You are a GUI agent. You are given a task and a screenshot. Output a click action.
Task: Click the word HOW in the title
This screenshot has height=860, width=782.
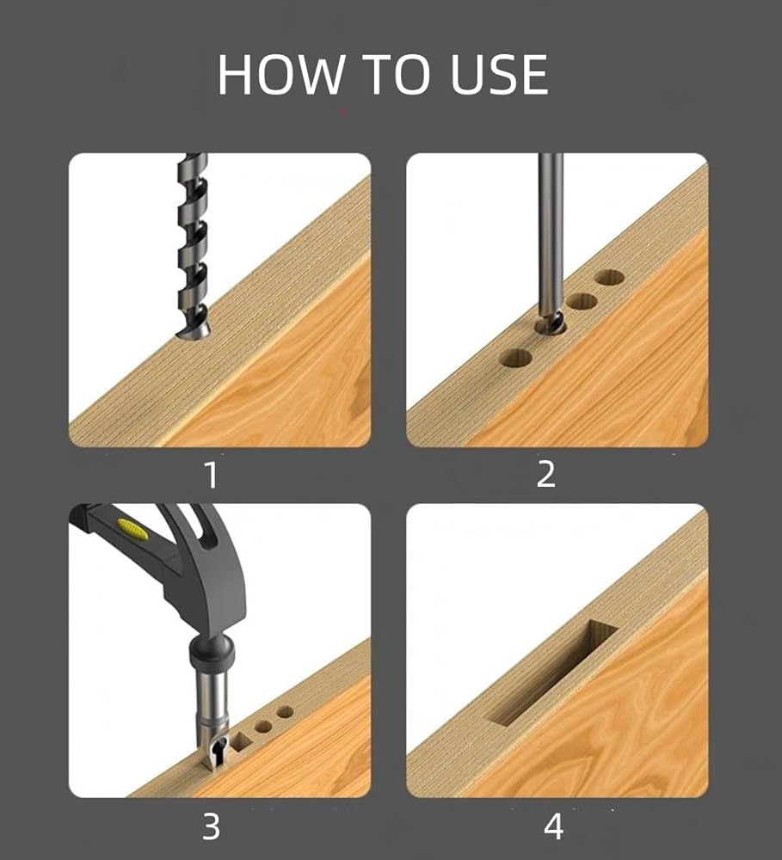tap(280, 74)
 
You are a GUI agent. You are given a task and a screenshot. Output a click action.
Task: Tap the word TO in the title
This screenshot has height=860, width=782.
tap(396, 74)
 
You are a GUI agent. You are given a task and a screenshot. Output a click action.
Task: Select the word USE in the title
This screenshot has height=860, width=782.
tap(499, 74)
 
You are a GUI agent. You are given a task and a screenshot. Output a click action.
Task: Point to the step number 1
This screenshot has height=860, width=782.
tap(212, 475)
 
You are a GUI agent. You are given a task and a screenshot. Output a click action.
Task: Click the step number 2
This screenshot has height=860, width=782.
tap(546, 474)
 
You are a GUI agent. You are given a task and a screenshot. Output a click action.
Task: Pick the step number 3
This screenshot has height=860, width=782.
tap(212, 826)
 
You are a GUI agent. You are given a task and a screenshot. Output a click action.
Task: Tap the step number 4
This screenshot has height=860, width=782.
tap(553, 826)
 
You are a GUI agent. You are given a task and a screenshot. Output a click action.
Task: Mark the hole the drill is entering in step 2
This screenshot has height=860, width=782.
tap(551, 328)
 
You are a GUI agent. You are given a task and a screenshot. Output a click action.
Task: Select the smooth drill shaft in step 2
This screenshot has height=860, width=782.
tap(551, 235)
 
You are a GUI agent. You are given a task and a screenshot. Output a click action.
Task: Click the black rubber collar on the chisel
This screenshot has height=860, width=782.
tap(212, 654)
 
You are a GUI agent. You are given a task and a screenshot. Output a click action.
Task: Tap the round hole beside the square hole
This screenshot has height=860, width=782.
tap(264, 727)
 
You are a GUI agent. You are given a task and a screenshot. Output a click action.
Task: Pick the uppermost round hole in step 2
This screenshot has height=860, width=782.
tap(610, 277)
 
